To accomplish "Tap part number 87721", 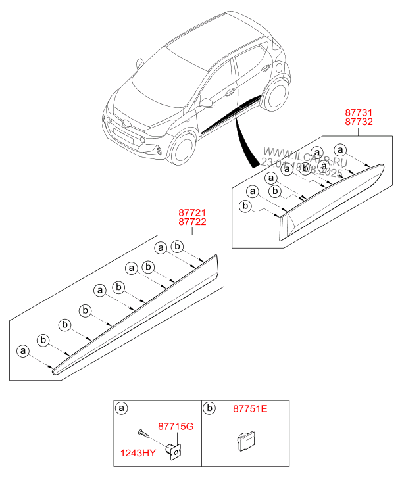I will coord(193,213).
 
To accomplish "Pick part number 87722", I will coord(193,222).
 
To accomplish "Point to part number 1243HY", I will coord(138,452).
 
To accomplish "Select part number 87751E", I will coord(249,408).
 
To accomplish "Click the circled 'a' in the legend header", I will coord(121,408).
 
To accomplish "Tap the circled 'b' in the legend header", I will coord(209,408).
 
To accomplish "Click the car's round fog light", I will coord(142,140).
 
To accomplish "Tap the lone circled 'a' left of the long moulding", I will coord(24,351).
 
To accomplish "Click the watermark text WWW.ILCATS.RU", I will coord(303,155).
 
